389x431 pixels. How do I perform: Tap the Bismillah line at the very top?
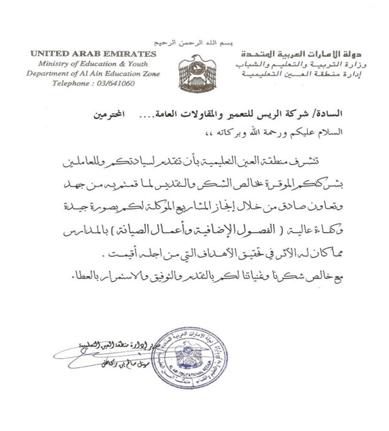(194, 40)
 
